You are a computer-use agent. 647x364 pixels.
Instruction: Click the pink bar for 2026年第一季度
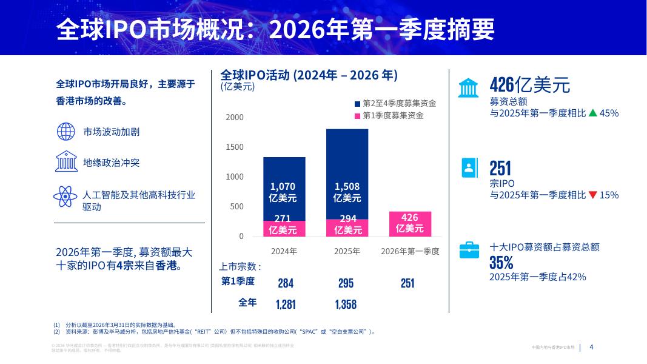click(409, 224)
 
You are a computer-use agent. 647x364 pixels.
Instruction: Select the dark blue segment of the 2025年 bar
click(347, 174)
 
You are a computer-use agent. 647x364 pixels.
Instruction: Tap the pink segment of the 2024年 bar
click(284, 228)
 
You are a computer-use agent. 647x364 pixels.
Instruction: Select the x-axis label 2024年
click(284, 251)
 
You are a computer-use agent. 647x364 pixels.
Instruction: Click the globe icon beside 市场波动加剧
click(65, 132)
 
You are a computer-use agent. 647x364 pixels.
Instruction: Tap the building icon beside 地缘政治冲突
click(65, 162)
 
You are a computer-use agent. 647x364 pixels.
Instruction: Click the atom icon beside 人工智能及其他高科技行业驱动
click(65, 195)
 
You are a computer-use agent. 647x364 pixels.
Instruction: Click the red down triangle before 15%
click(592, 195)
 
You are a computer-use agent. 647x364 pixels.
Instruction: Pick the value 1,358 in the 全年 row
click(346, 304)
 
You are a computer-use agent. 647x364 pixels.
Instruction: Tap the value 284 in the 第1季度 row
click(286, 283)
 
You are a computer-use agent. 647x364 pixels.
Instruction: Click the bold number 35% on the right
click(501, 262)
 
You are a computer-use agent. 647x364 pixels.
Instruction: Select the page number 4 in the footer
click(592, 348)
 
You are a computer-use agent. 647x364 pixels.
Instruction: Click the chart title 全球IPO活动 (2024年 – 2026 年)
click(309, 75)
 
